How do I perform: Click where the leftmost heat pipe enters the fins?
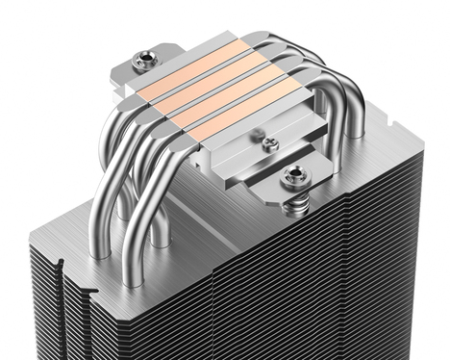(x=100, y=252)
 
